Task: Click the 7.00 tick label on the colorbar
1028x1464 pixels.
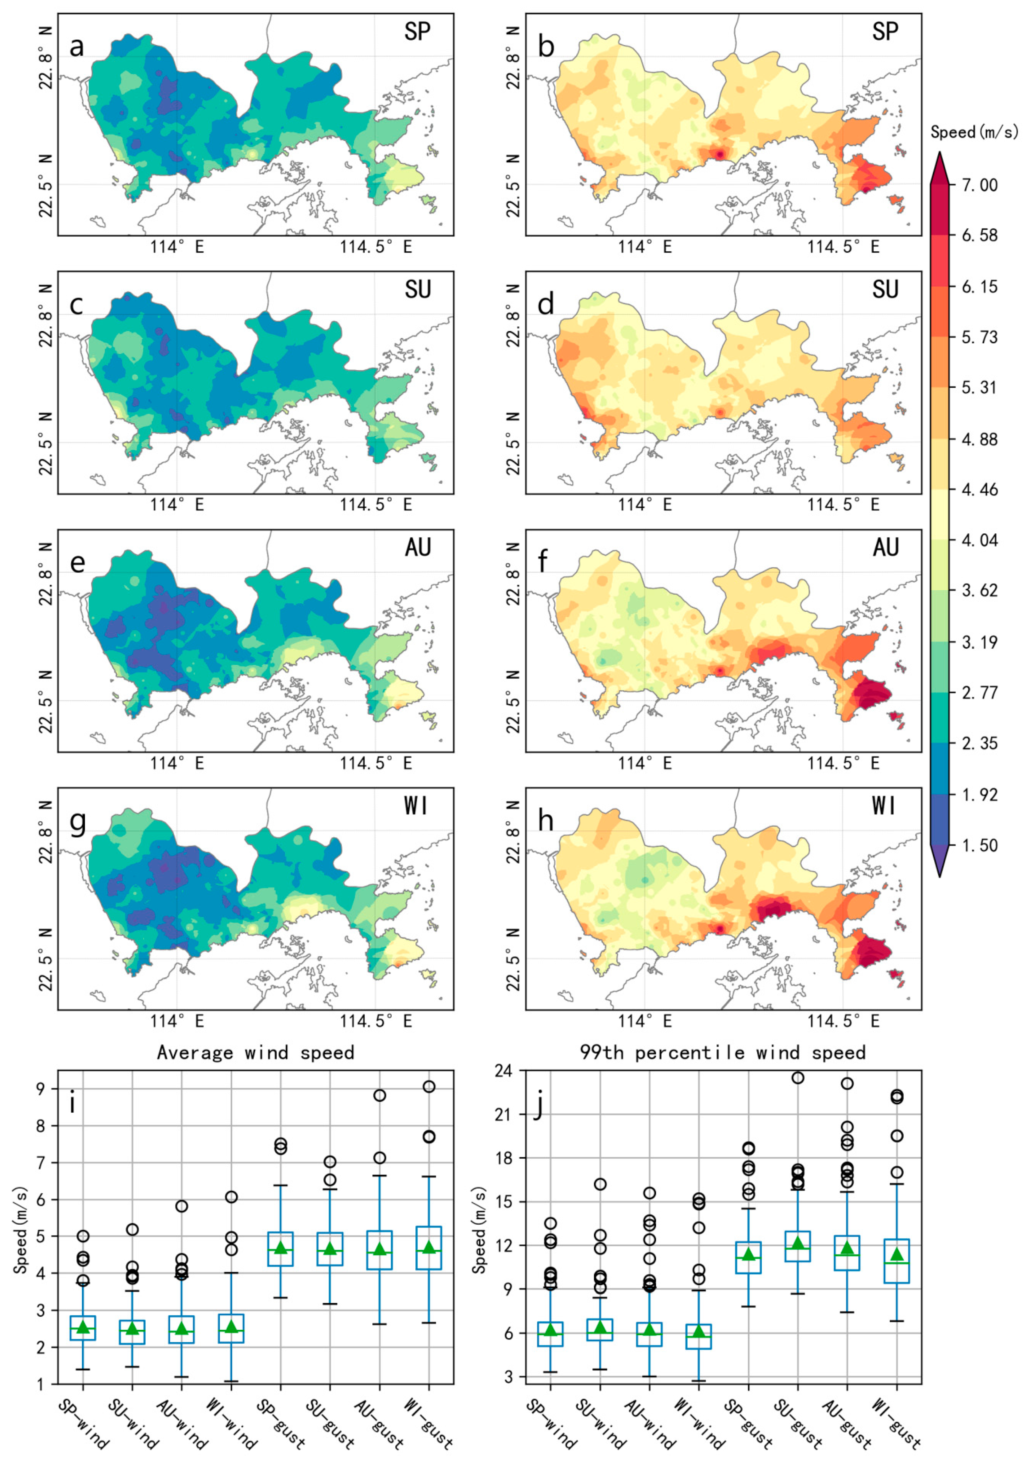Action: pos(979,185)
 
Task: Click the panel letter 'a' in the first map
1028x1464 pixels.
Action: pos(76,46)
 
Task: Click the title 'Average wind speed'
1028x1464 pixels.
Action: pos(255,1052)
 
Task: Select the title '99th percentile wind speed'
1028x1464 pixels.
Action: pos(723,1052)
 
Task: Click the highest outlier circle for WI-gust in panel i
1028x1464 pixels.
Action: pos(429,1086)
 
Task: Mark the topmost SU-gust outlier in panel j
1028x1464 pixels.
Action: pos(797,1077)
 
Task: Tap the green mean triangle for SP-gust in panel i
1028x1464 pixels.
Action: pos(281,1247)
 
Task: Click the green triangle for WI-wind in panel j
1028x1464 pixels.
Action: pos(699,1331)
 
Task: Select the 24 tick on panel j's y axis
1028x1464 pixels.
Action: pos(504,1071)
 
